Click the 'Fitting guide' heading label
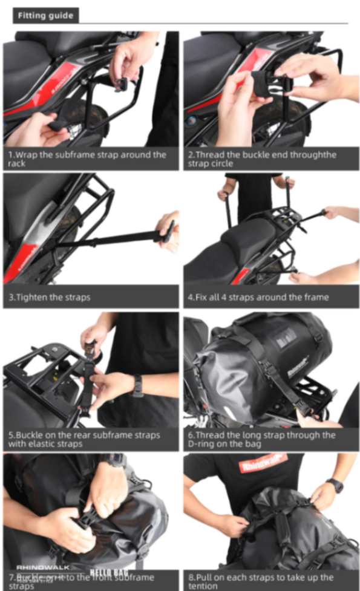(x=45, y=15)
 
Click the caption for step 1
(x=88, y=158)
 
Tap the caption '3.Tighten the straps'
(x=50, y=297)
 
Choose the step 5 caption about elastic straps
(x=84, y=439)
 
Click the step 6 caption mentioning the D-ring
(x=261, y=439)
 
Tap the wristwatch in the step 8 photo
(x=335, y=485)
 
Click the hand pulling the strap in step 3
(x=167, y=230)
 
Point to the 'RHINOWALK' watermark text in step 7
(x=42, y=567)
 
